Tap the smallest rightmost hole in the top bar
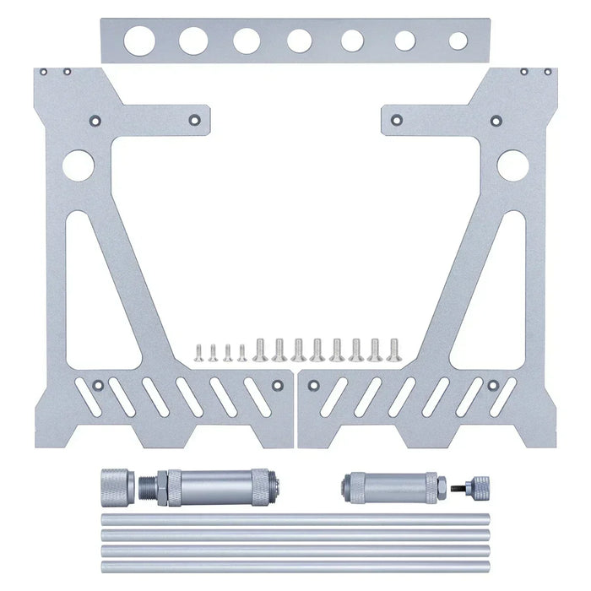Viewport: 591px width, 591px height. click(458, 41)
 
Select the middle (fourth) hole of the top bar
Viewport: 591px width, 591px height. click(299, 40)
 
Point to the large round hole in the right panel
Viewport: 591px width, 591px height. click(512, 165)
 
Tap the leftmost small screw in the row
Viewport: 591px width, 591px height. click(199, 351)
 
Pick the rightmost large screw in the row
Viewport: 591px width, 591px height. click(393, 349)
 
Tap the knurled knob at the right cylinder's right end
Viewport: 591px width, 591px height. click(478, 486)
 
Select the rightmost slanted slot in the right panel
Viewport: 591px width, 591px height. click(504, 396)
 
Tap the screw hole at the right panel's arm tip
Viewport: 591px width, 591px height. click(396, 120)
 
